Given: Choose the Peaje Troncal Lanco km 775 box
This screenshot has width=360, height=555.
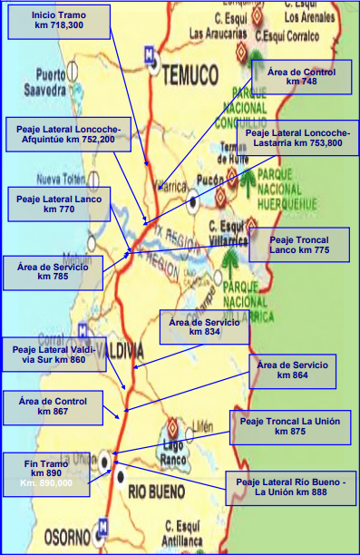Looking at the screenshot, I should pos(297,244).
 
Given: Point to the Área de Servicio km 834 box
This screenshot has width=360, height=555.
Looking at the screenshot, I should pos(204,326).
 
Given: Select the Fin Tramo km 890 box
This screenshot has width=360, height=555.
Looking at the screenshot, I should pos(45,471).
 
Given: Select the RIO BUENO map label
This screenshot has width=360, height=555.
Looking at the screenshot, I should pos(156,492).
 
